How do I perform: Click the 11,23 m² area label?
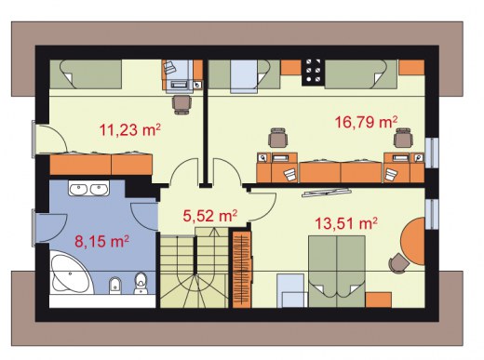pos(129,129)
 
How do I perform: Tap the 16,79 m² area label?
pos(366,122)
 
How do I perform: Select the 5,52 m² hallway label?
pos(210,216)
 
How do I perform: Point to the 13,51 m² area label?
pos(346,223)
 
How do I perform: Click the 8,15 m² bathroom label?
pos(101,241)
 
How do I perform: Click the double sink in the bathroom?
pos(88,189)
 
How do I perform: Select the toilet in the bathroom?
pos(141,283)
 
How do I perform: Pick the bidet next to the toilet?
pos(115,286)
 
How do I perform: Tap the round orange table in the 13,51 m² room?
pos(413,241)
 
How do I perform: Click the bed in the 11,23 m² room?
pos(86,73)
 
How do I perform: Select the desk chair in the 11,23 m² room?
pos(181,104)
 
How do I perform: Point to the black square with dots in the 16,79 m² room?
pos(313,72)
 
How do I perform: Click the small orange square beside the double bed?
pos(379,300)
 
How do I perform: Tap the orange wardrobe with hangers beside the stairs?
pos(242,268)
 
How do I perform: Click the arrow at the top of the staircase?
pos(213,232)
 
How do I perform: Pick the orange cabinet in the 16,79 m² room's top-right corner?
pos(411,67)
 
